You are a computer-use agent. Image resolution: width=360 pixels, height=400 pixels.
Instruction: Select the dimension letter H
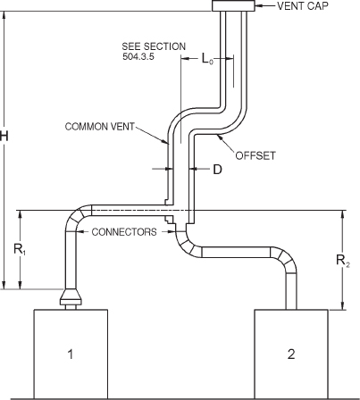pyautogui.click(x=7, y=136)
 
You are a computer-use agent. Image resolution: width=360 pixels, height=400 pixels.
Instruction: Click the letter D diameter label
pyautogui.click(x=216, y=168)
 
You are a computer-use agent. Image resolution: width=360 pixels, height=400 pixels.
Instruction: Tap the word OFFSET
pyautogui.click(x=255, y=154)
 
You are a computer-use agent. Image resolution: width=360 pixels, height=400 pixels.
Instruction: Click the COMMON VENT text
pyautogui.click(x=99, y=127)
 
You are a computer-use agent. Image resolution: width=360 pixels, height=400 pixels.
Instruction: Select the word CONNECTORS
pyautogui.click(x=125, y=232)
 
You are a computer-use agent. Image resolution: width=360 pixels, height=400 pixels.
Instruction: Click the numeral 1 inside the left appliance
pyautogui.click(x=71, y=354)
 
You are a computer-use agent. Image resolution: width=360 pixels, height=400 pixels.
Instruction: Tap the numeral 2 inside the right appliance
pyautogui.click(x=290, y=354)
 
